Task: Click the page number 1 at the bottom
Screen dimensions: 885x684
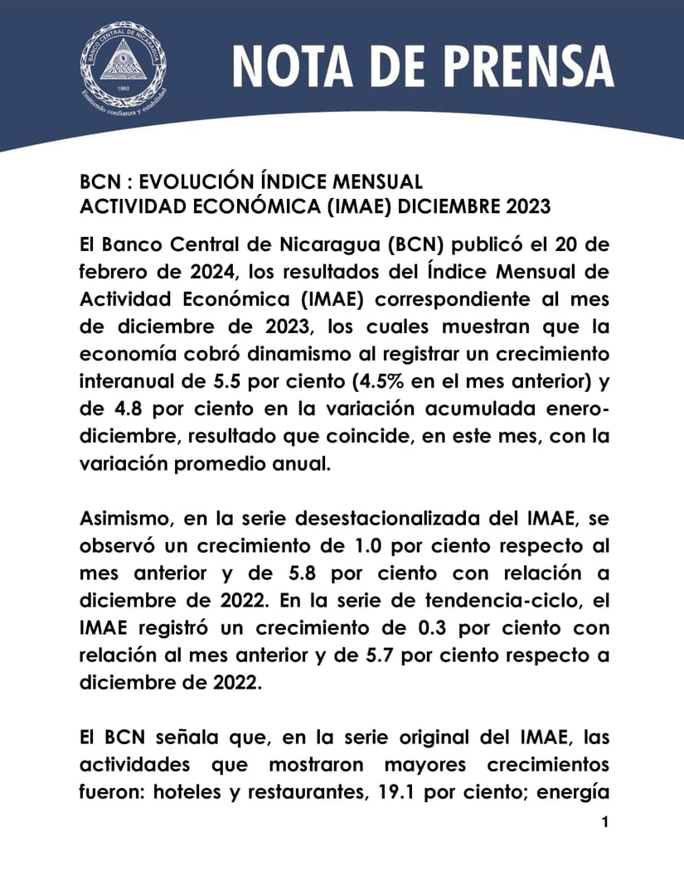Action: coord(605,823)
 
